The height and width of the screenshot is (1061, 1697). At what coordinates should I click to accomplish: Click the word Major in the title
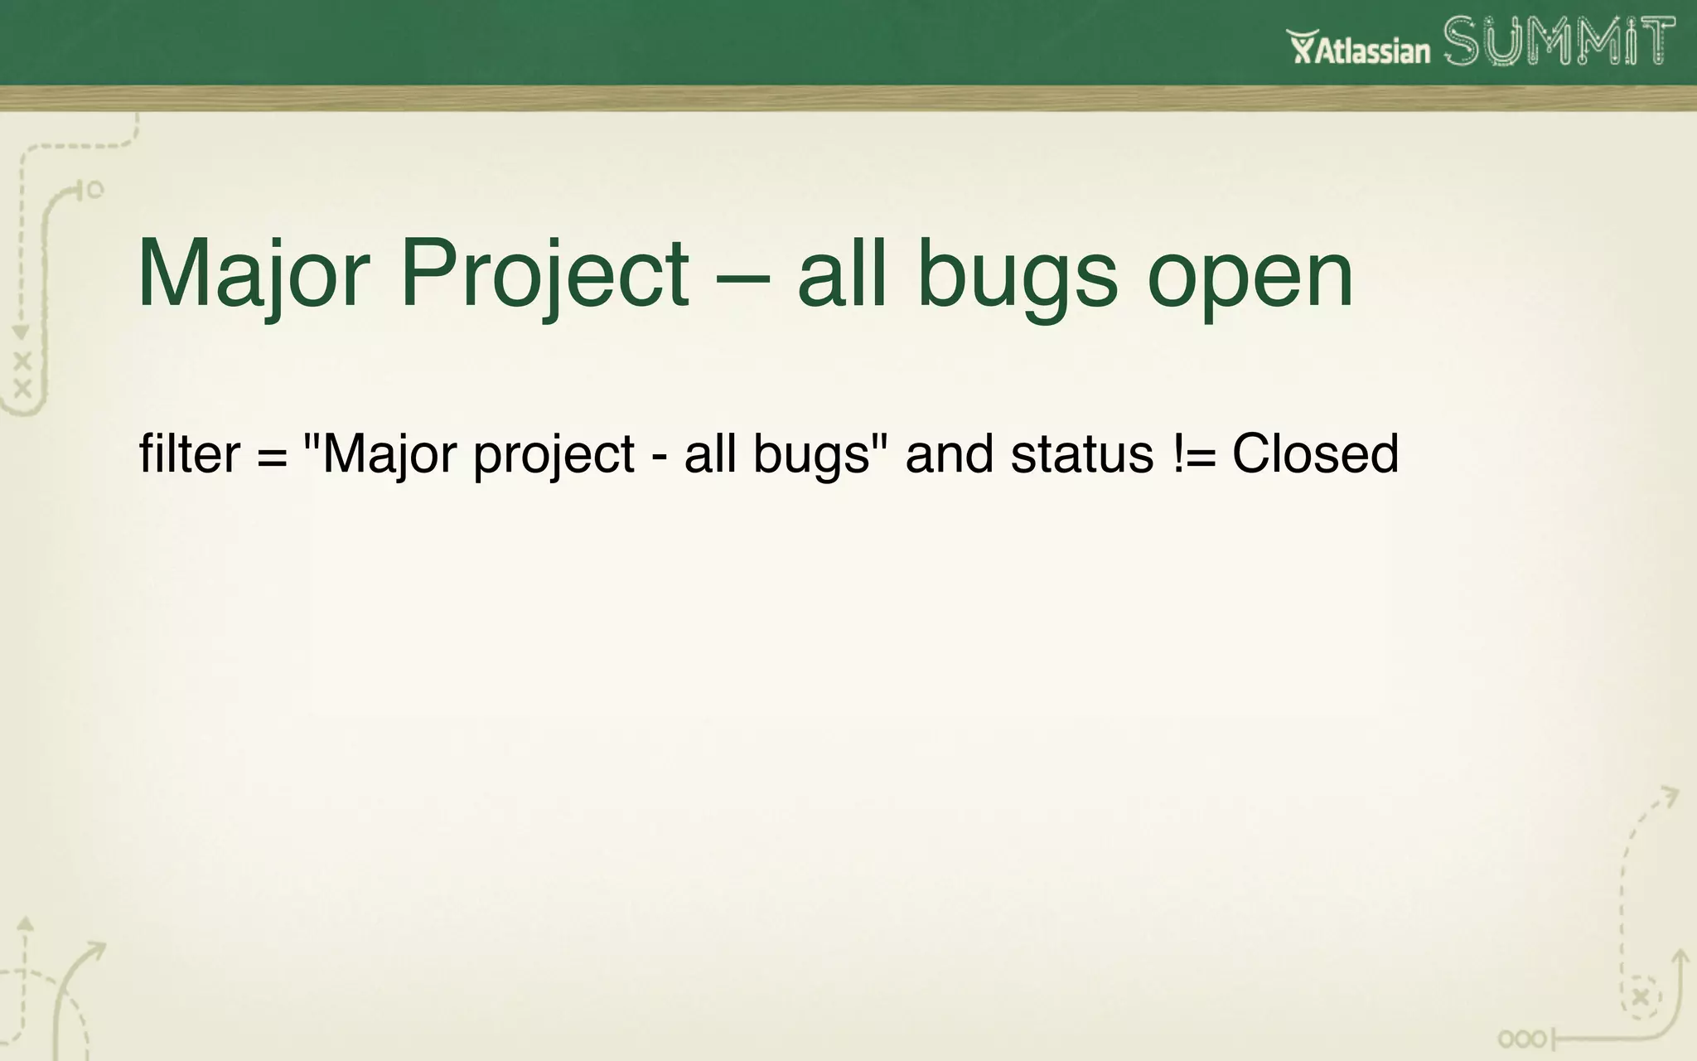coord(253,274)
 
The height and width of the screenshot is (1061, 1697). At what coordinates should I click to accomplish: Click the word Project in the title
coord(544,274)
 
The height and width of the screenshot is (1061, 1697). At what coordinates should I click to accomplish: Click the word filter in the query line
coord(190,454)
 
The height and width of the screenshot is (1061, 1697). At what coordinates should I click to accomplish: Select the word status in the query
coord(1082,454)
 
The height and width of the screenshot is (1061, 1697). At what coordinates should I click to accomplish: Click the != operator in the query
coord(1194,454)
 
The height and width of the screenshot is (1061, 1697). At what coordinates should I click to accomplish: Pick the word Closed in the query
coord(1315,454)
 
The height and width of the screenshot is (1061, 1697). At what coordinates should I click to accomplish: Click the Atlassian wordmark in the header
coord(1373,51)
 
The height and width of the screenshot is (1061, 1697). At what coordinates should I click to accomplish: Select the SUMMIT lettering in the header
coord(1559,41)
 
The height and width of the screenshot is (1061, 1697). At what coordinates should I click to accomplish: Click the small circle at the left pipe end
coord(95,190)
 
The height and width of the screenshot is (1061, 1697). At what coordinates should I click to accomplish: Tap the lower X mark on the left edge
coord(22,388)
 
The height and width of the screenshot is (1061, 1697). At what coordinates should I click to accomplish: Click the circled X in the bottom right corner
coord(1641,997)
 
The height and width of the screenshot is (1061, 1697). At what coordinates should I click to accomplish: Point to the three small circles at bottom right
coord(1521,1039)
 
